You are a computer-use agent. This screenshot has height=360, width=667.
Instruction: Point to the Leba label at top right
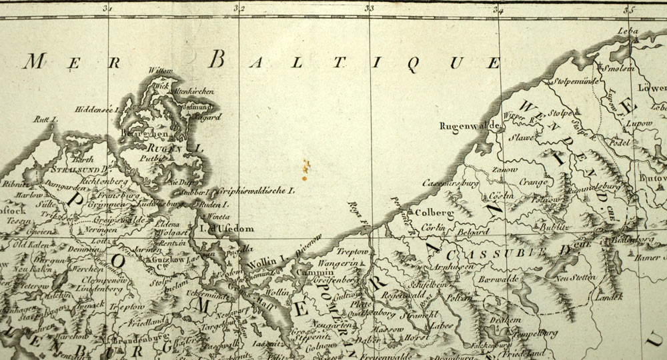click(x=628, y=31)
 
